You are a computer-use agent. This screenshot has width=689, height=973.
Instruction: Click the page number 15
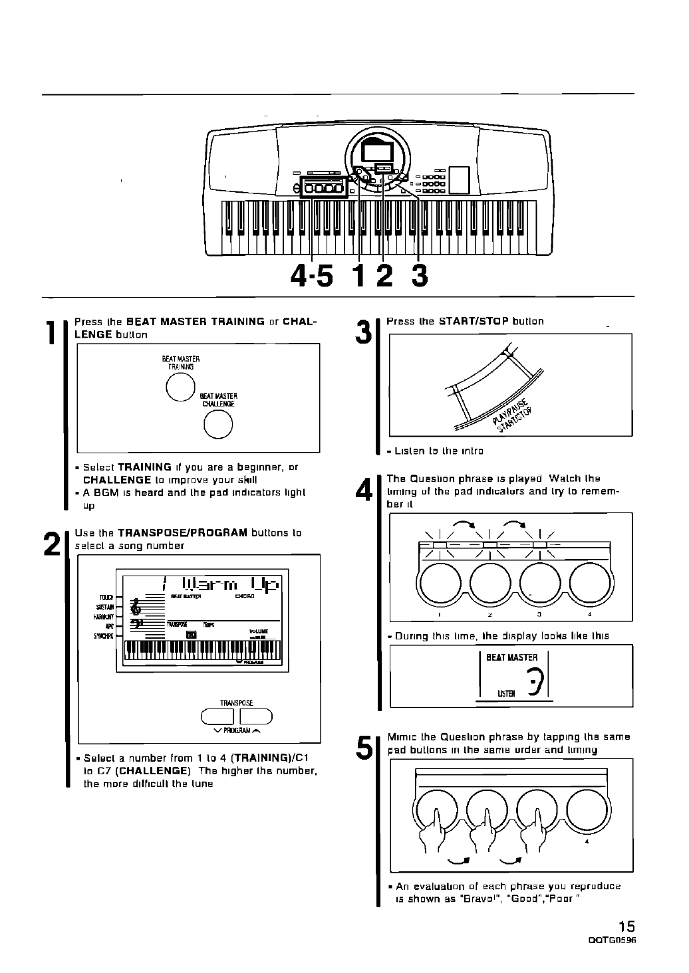click(x=626, y=926)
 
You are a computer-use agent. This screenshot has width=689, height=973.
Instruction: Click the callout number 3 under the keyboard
click(x=418, y=275)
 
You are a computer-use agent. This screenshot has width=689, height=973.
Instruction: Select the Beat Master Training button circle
click(x=179, y=387)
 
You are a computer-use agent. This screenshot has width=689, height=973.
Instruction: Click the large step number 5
click(x=364, y=748)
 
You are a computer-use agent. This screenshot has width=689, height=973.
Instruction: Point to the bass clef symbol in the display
click(x=136, y=623)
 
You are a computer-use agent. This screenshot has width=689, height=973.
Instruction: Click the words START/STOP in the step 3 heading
click(x=474, y=321)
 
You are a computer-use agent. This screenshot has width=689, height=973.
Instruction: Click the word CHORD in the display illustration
click(x=245, y=596)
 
